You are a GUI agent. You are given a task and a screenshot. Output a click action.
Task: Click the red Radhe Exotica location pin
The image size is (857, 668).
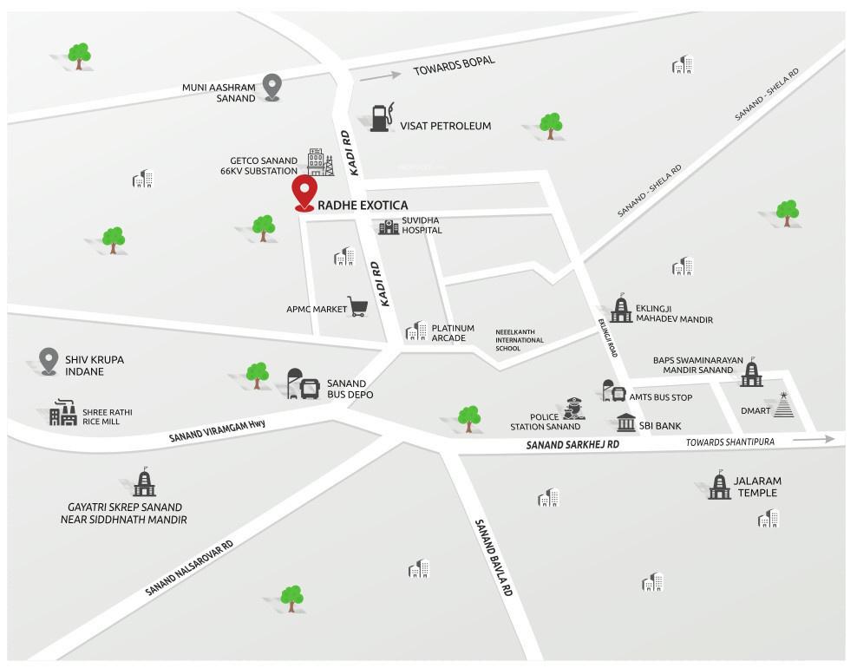[x=304, y=193]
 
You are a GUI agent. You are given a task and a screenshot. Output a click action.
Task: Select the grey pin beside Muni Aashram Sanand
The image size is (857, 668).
[x=272, y=87]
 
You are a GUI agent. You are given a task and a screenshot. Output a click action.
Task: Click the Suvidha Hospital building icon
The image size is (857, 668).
[x=388, y=226]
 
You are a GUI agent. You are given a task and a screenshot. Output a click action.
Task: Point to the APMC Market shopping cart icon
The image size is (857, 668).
[x=357, y=306]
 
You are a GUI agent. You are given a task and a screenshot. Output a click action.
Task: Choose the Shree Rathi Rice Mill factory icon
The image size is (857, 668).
[x=62, y=414]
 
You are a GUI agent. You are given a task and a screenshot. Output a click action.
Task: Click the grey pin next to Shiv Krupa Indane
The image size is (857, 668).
[x=49, y=361]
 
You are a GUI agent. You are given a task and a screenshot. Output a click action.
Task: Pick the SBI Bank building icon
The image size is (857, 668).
[x=625, y=424]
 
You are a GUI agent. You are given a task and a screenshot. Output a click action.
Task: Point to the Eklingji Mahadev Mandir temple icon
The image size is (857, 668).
[x=621, y=308]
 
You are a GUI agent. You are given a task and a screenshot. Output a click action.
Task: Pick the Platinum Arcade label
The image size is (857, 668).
[x=453, y=333]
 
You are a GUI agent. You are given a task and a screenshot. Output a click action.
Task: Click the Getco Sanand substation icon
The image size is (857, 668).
[x=319, y=162]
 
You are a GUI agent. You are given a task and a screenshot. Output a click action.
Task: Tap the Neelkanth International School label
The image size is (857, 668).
[x=520, y=339]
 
